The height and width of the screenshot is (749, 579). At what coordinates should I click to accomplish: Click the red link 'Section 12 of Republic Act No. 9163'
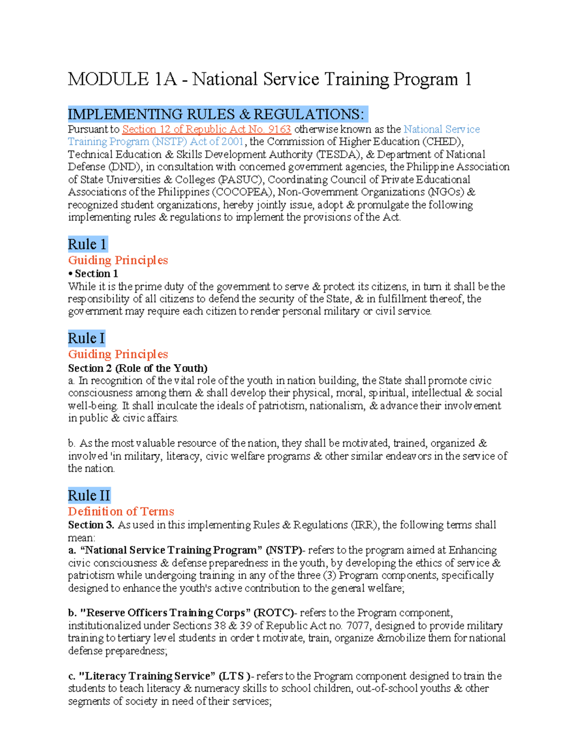[206, 129]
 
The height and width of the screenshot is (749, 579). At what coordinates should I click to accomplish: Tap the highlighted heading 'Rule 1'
[87, 244]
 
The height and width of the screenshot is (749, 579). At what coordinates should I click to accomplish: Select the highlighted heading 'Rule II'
[89, 495]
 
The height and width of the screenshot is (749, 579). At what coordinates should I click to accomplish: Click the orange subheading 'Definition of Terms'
[121, 511]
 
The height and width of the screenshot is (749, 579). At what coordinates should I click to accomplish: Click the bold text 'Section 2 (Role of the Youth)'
[138, 368]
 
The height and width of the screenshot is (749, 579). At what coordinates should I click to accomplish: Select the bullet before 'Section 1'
[70, 273]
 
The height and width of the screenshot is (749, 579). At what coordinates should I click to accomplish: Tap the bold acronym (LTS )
[234, 676]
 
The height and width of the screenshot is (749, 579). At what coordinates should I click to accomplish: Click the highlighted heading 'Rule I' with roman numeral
[86, 338]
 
